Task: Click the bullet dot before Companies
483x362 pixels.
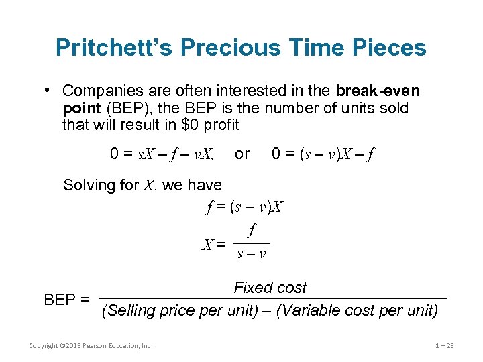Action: pyautogui.click(x=49, y=90)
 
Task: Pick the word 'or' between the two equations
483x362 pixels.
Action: pyautogui.click(x=242, y=154)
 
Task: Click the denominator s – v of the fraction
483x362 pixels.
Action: pyautogui.click(x=252, y=254)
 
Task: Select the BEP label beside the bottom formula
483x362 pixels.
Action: pyautogui.click(x=66, y=300)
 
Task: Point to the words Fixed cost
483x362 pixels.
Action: pyautogui.click(x=270, y=288)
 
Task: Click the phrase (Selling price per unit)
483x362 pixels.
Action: pyautogui.click(x=178, y=311)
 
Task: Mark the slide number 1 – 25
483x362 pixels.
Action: pyautogui.click(x=445, y=346)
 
